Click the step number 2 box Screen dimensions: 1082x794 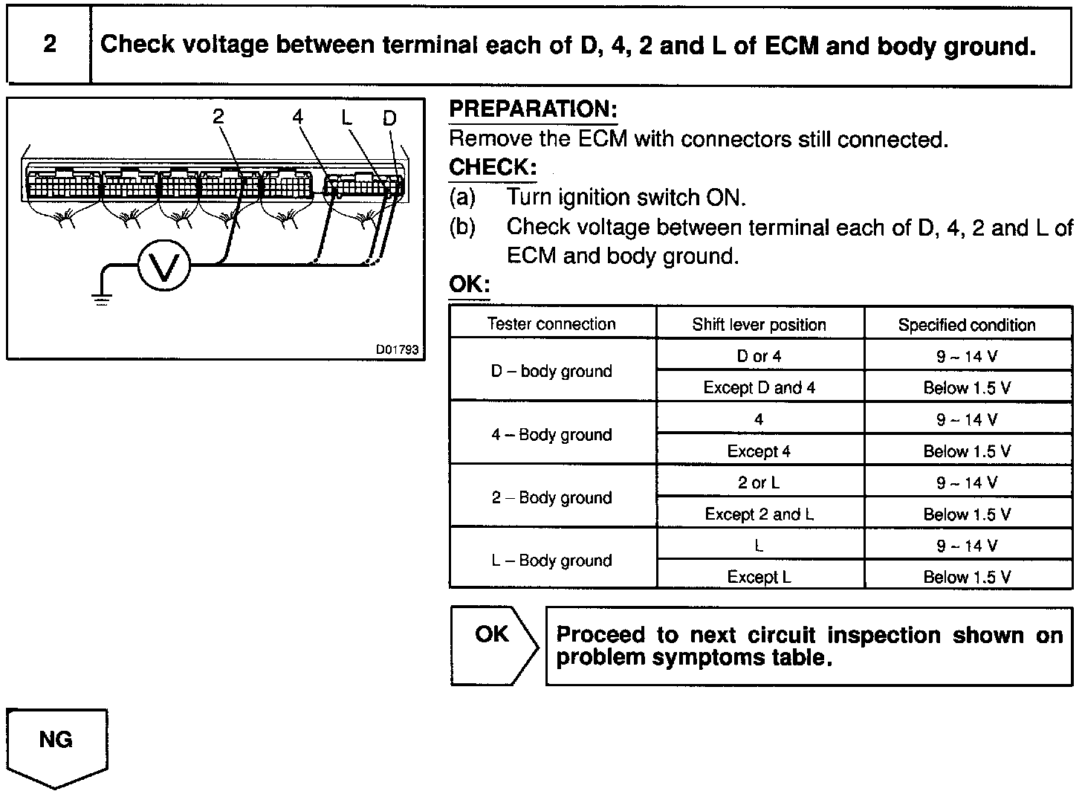tap(49, 45)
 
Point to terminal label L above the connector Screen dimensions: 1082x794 tap(347, 117)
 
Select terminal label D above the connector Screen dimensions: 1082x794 tap(389, 118)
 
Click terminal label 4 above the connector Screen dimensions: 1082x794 tap(298, 117)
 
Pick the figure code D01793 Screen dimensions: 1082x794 tap(397, 349)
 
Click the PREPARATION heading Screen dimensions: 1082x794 tap(533, 110)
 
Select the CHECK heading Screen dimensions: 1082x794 tap(492, 168)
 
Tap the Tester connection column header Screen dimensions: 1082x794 tap(551, 324)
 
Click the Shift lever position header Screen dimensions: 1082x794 tap(759, 325)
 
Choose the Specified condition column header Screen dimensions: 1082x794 tap(966, 325)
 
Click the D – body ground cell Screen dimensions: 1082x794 tap(551, 371)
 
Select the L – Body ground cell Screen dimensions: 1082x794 tap(551, 561)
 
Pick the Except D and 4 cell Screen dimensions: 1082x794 tap(759, 387)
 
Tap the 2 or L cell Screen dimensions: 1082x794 tap(759, 482)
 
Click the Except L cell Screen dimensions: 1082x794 tap(759, 577)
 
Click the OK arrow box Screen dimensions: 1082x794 tap(493, 644)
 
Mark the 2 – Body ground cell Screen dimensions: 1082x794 tap(551, 497)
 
